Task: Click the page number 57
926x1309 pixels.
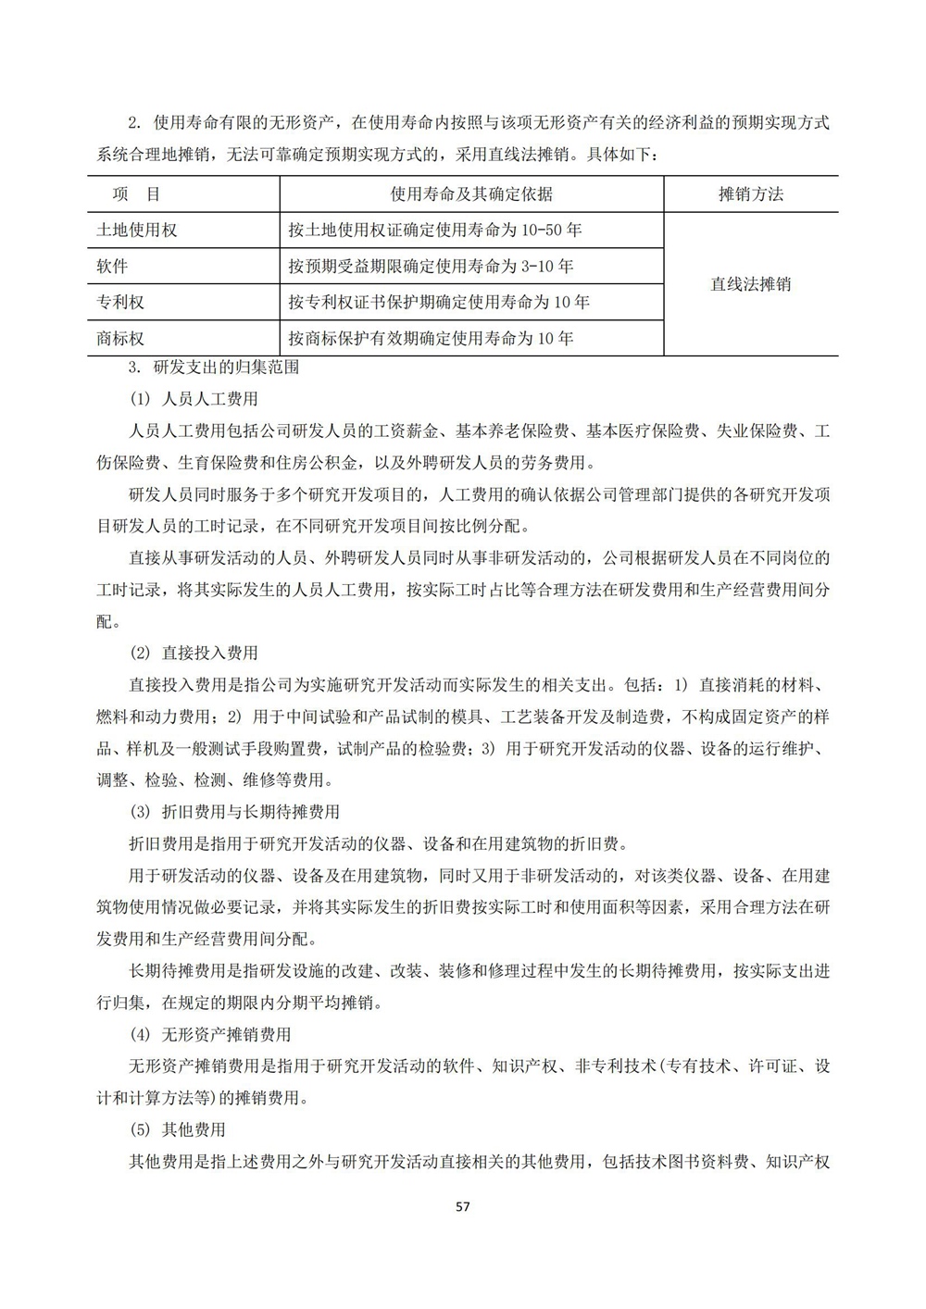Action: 464,1207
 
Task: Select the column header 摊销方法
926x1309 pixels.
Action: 750,194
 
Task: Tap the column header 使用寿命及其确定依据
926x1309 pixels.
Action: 471,194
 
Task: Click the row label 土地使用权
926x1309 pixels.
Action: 137,231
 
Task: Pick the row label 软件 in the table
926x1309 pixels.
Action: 113,267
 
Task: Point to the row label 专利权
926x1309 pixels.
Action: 121,303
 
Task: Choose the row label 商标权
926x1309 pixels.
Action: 121,339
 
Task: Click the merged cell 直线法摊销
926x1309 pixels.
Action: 750,284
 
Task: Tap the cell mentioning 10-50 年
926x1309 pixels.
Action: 435,231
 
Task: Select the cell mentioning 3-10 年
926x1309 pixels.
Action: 431,267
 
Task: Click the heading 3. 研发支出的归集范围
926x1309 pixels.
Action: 213,367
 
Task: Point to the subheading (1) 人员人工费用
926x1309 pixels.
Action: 194,400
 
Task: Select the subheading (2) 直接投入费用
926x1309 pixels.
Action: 194,653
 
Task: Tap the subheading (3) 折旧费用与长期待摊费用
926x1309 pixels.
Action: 234,812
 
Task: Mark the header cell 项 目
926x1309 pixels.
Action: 136,194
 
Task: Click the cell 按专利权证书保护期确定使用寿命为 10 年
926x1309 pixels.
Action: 439,303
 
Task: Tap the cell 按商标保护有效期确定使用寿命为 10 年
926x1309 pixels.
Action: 431,339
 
